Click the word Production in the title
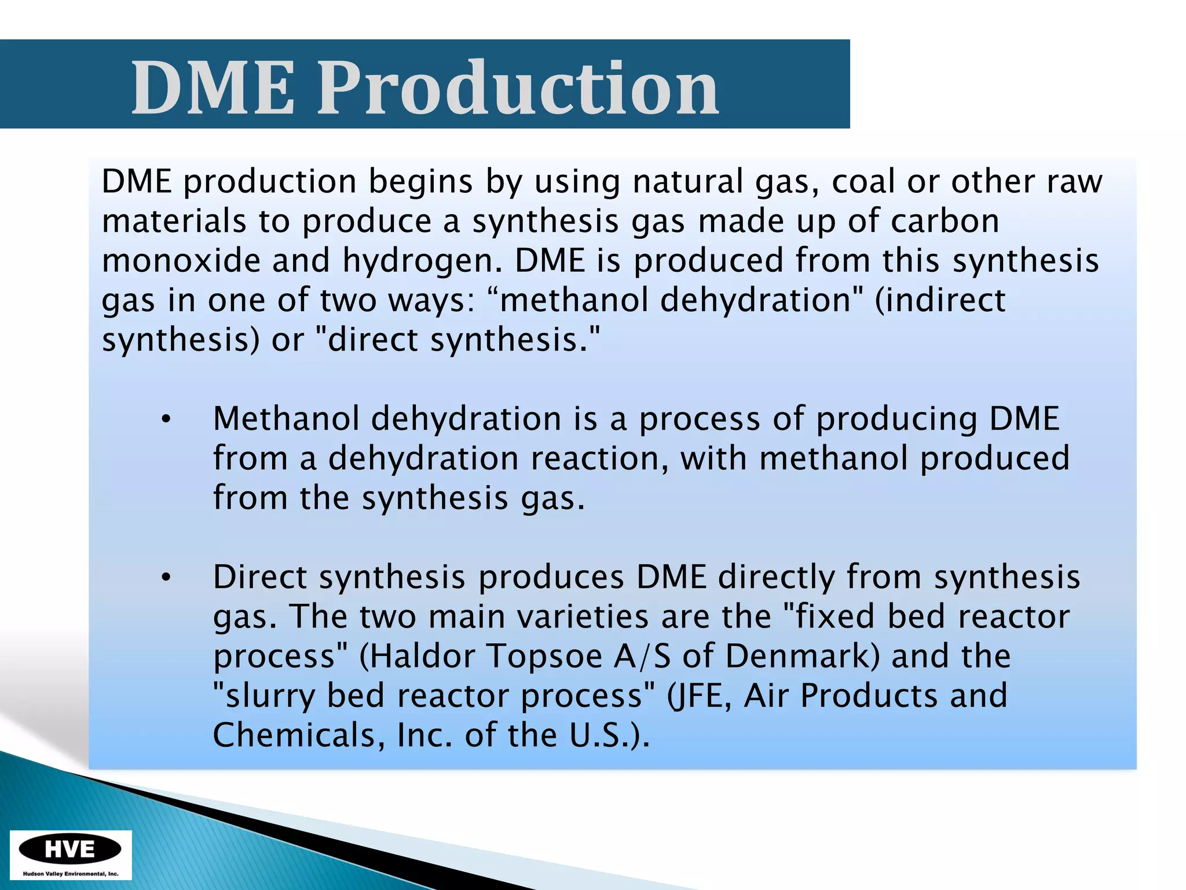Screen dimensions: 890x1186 517,88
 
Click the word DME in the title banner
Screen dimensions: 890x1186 213,88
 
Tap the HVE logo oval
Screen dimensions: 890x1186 70,849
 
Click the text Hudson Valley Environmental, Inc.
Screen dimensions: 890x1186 70,874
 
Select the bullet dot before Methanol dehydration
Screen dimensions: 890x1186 166,421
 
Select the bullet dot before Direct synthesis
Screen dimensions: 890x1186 166,578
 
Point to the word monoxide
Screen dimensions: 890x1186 180,260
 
